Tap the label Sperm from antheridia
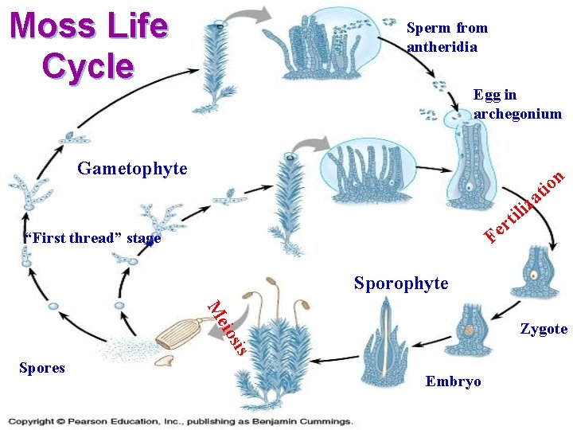(x=446, y=37)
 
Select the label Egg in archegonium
(x=516, y=105)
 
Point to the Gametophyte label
(x=132, y=169)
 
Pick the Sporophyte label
(x=401, y=283)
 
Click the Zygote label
(x=544, y=329)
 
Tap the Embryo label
(x=454, y=381)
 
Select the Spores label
(x=41, y=368)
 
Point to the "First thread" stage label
(x=92, y=238)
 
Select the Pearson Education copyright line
(x=180, y=421)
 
